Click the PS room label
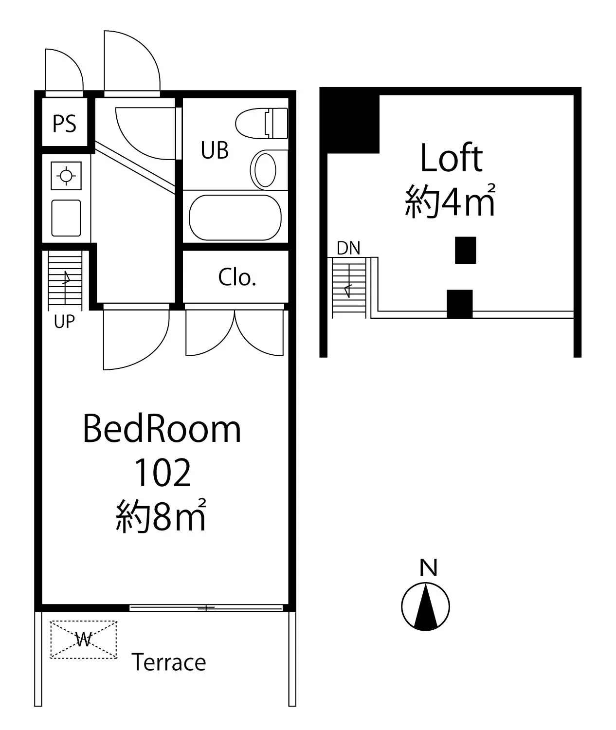click(64, 124)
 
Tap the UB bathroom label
click(215, 150)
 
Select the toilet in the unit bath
click(261, 124)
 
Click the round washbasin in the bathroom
click(265, 170)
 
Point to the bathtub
click(235, 218)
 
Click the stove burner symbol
click(66, 176)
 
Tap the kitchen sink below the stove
click(66, 218)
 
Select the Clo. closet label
click(237, 277)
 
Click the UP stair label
click(64, 321)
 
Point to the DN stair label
click(348, 248)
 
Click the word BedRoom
click(162, 429)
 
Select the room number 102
click(163, 473)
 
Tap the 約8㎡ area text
click(161, 515)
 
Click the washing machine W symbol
click(84, 639)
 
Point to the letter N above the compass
click(428, 567)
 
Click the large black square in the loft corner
click(350, 120)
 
